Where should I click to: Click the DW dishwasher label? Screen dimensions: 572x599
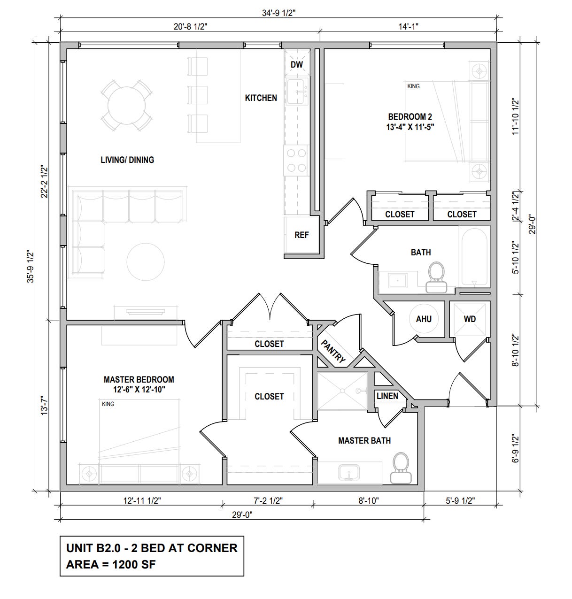click(x=296, y=64)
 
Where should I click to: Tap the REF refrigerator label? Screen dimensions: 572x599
click(x=301, y=235)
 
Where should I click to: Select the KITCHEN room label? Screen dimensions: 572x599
click(x=261, y=98)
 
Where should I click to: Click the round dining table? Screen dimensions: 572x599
click(x=126, y=106)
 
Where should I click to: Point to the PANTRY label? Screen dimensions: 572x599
click(x=333, y=352)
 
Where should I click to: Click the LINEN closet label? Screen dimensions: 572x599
click(x=387, y=396)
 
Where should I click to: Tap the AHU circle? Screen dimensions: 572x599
click(x=424, y=319)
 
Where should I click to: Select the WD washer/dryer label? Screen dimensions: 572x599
click(x=470, y=319)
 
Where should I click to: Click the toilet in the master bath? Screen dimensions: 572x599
click(x=401, y=468)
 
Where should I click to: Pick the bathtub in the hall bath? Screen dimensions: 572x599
click(x=474, y=256)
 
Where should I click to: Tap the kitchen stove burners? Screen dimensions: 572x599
click(x=296, y=161)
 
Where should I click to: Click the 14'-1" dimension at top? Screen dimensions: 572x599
click(x=408, y=26)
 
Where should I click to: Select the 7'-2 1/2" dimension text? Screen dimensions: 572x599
click(x=268, y=500)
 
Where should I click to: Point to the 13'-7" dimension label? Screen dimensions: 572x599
click(x=44, y=406)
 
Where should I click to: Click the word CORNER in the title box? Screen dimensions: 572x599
click(x=212, y=548)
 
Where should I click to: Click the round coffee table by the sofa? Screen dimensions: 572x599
click(x=146, y=262)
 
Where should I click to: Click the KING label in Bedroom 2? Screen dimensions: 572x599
click(x=413, y=86)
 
